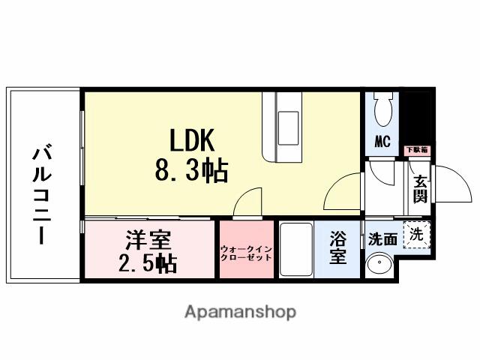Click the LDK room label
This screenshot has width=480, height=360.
coord(191,140)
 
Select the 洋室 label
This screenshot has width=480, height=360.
coord(148,241)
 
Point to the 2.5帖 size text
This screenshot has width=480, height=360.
coord(148,263)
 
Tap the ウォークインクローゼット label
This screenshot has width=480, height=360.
coord(247,252)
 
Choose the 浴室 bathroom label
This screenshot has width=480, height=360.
coord(338,248)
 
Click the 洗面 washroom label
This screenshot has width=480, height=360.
coord(382,240)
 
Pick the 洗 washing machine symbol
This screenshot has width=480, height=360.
coord(416,234)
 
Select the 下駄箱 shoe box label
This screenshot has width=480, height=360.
coord(417,150)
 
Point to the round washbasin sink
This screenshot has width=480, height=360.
coord(379,265)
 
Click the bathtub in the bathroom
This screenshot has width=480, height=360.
coord(295,249)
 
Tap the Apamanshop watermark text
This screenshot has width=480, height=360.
coord(240,310)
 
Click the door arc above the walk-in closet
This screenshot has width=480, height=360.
coord(244,203)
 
